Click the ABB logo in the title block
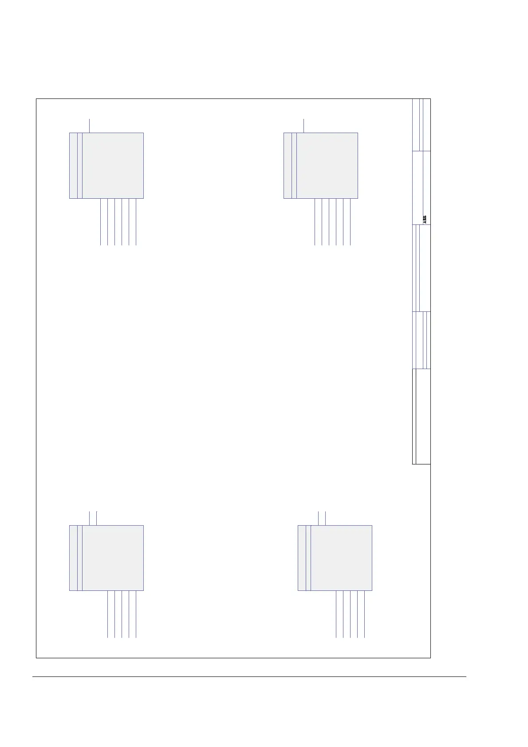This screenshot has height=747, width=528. (x=424, y=219)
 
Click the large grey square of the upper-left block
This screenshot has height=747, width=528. (x=113, y=165)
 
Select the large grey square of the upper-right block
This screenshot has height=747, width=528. (x=327, y=165)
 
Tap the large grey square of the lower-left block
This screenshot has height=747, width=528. (x=113, y=558)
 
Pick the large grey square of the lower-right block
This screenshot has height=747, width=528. (x=341, y=558)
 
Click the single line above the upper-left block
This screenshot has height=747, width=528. (x=90, y=126)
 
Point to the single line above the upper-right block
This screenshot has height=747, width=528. (x=303, y=126)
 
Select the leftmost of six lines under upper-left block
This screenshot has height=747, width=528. (x=101, y=222)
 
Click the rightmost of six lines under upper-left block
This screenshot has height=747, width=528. (x=136, y=222)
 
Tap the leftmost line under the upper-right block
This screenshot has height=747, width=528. (x=315, y=222)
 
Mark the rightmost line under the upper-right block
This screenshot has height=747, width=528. (x=351, y=222)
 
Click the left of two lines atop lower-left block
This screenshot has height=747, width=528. (x=90, y=518)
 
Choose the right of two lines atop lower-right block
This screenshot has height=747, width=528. (x=326, y=518)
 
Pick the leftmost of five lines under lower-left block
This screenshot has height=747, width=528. (x=108, y=614)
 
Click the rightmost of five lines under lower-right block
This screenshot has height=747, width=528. (x=365, y=614)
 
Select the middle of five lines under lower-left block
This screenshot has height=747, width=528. (x=122, y=614)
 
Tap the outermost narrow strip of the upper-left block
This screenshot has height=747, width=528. (x=73, y=165)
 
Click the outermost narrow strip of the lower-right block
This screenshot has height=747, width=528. (x=302, y=558)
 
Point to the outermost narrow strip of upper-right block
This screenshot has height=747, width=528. (x=288, y=165)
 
